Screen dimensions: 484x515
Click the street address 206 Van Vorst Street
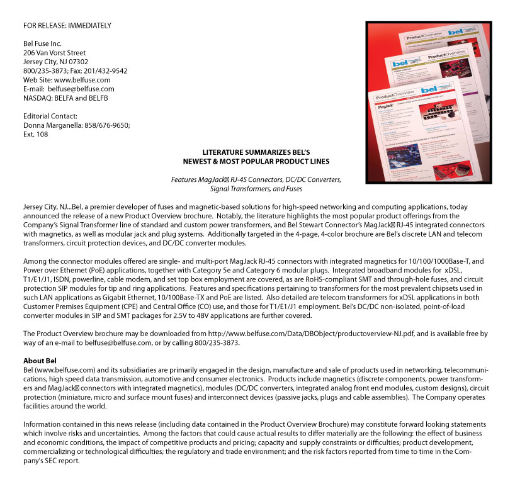[55, 53]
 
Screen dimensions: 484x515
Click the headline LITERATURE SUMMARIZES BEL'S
[257, 153]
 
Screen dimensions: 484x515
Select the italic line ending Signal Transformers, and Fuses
[256, 188]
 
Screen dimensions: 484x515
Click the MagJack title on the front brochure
[386, 108]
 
